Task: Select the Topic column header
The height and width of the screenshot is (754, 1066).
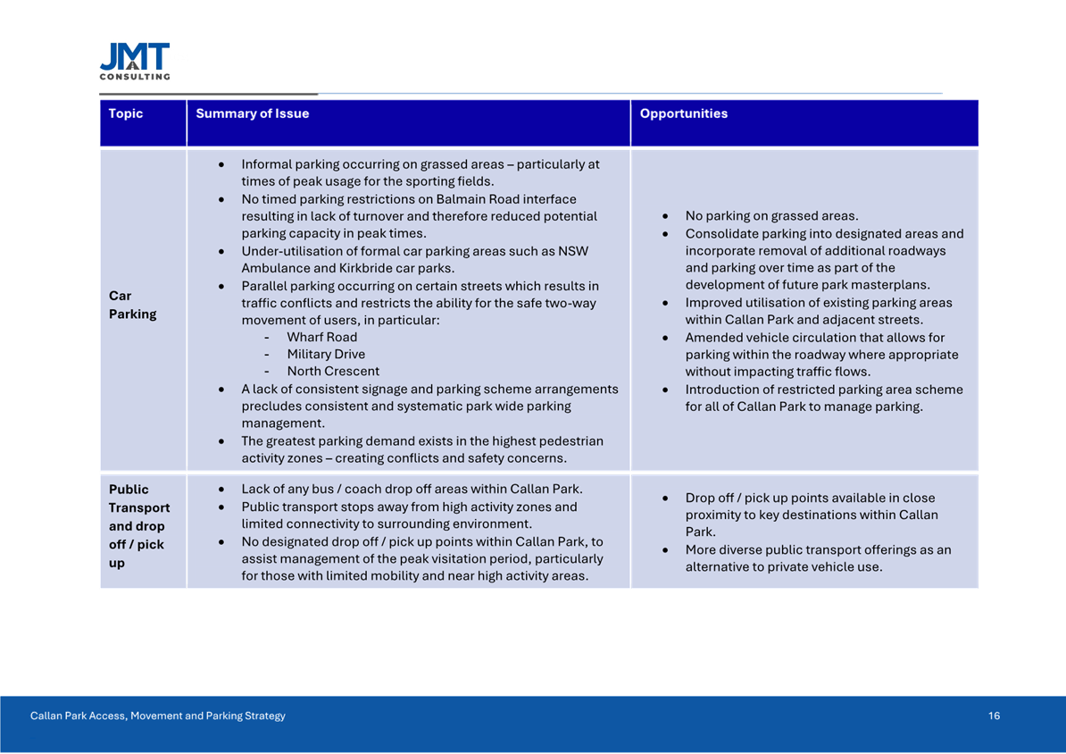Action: point(125,113)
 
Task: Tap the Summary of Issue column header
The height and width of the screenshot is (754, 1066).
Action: point(253,113)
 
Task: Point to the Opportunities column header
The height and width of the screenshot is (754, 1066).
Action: point(684,113)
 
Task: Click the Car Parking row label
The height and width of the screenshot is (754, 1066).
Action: point(132,305)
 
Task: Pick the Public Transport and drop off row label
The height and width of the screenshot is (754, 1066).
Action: point(138,526)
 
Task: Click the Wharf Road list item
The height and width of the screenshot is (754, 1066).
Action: point(321,337)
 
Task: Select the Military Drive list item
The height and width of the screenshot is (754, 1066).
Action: point(326,354)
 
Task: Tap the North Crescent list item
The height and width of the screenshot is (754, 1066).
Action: point(333,371)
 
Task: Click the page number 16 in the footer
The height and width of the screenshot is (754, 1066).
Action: point(994,716)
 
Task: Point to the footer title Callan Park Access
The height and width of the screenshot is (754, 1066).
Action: point(158,716)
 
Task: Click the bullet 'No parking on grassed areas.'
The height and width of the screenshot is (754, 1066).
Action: point(771,216)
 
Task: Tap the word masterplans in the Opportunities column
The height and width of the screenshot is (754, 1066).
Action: point(887,285)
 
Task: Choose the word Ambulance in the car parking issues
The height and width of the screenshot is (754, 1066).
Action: point(274,268)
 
